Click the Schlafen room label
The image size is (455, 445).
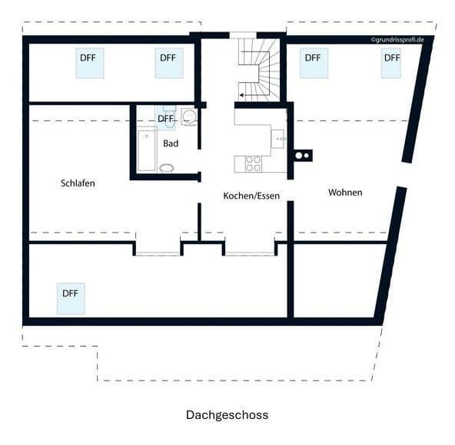coord(78,183)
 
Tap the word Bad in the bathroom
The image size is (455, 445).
coord(171,143)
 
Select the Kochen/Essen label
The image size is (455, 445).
coord(251,196)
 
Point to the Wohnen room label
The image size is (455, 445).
coord(345,192)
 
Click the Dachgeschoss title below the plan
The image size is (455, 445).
coord(227,415)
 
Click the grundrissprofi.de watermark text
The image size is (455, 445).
coord(397,38)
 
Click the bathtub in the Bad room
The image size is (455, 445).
coord(146,150)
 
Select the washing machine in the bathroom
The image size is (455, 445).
coord(189,117)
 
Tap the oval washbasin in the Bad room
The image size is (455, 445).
coord(166,168)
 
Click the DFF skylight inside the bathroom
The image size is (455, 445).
coord(165,118)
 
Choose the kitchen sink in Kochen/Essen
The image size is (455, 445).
coord(278,138)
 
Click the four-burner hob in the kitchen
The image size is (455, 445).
coord(253,163)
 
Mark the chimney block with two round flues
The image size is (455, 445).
coord(303,155)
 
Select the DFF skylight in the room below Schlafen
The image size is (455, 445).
coord(71,298)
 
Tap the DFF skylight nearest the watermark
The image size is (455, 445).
coord(392,62)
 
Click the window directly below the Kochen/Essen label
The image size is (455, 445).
coord(249,248)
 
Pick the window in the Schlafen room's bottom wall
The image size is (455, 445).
coord(158,248)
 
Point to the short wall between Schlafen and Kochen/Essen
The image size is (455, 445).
coord(199,221)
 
